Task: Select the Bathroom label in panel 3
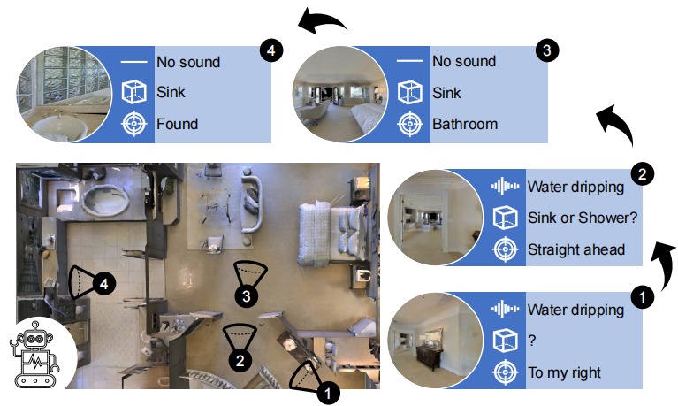point(464,124)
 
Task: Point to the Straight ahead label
point(575,249)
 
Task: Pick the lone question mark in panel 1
point(531,341)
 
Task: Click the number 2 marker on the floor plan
point(236,360)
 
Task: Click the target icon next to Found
point(133,124)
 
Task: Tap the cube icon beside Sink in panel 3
point(409,92)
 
